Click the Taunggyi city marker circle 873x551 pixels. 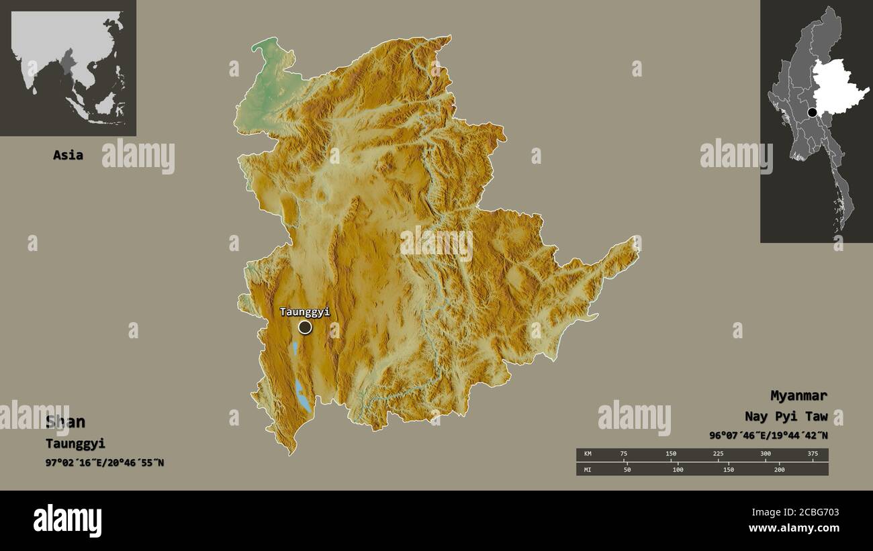point(305,327)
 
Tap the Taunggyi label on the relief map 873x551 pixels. point(304,311)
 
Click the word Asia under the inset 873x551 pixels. point(68,155)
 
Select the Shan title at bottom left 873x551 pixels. point(65,421)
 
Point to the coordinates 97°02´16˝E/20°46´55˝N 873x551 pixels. point(104,463)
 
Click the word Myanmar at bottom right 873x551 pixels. point(798,395)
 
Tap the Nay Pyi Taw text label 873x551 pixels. point(786,416)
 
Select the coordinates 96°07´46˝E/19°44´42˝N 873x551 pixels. point(768,435)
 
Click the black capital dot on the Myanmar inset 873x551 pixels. point(813,112)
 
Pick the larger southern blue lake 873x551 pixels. point(303,397)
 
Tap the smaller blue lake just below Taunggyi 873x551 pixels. point(295,348)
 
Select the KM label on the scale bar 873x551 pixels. point(588,454)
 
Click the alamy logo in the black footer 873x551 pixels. point(67,520)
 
